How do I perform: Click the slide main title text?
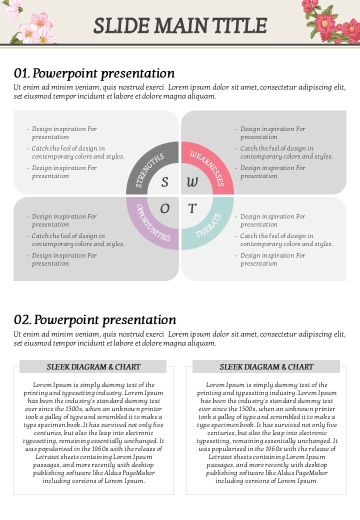pos(180,25)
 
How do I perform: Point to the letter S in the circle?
pos(164,182)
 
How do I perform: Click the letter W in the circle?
pos(192,182)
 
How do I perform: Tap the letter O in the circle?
pos(164,208)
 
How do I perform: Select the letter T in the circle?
pos(192,208)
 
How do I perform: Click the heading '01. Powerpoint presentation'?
pos(94,73)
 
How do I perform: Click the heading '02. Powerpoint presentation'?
pos(95,319)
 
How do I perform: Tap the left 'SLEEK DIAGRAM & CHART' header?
pos(93,366)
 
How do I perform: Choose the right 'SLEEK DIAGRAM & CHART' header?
pos(266,366)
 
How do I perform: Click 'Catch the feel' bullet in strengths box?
pos(77,152)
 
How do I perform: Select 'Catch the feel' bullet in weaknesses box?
pos(286,152)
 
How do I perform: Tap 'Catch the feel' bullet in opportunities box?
pos(77,239)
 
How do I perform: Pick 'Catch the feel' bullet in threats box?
pos(286,239)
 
